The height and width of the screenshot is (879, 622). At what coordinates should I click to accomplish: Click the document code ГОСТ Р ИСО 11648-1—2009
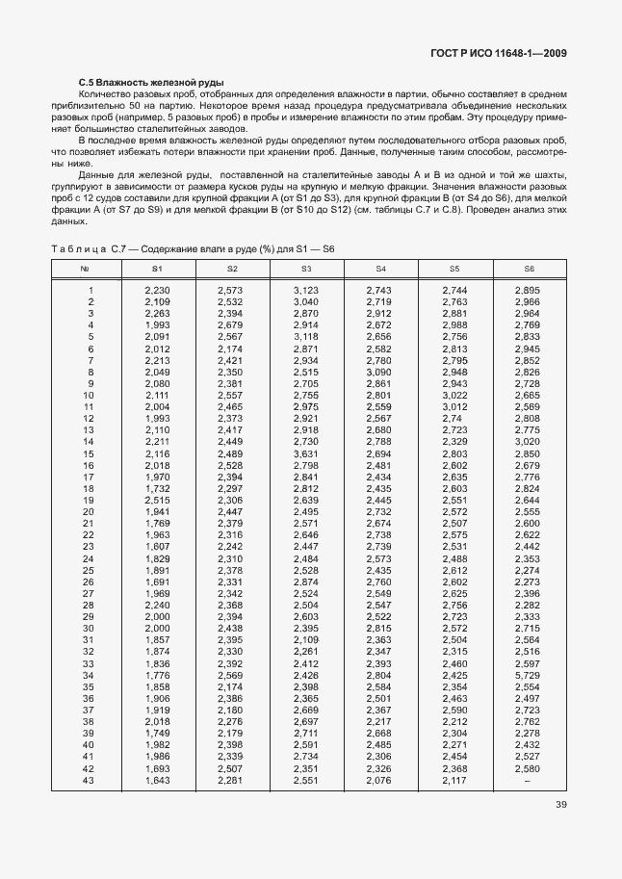tap(490, 54)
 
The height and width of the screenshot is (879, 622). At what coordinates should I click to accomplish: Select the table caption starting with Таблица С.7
tap(192, 249)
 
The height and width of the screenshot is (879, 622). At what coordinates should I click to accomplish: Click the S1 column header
tap(157, 269)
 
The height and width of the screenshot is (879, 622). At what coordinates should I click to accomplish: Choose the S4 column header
tap(379, 269)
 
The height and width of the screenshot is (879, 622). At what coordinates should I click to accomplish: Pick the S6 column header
tap(528, 269)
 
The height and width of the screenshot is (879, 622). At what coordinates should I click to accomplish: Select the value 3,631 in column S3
tap(305, 453)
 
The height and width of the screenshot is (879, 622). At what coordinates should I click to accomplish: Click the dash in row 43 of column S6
tap(528, 781)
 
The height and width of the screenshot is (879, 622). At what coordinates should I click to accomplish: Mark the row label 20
tap(88, 512)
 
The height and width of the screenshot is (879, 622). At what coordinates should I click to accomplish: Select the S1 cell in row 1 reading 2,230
tap(157, 291)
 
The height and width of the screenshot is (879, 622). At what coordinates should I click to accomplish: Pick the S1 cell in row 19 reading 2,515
tap(157, 501)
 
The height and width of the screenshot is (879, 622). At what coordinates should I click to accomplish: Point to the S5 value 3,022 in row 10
tap(454, 396)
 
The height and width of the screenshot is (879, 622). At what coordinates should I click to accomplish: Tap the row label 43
tap(88, 781)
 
